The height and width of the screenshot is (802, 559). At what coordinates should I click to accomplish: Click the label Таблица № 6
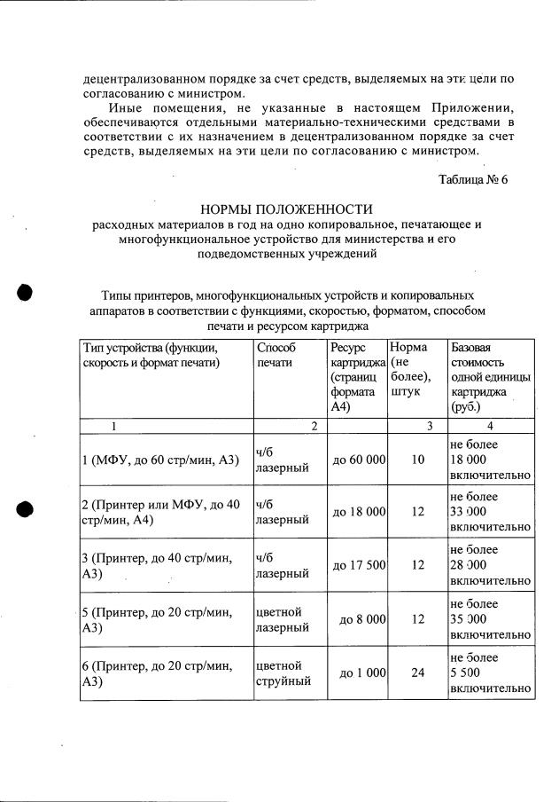pyautogui.click(x=473, y=179)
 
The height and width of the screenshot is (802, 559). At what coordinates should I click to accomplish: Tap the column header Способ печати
pyautogui.click(x=274, y=355)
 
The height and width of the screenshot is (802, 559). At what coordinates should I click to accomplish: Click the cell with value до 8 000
pyautogui.click(x=362, y=619)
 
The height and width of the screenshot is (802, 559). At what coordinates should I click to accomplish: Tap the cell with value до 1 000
pyautogui.click(x=362, y=672)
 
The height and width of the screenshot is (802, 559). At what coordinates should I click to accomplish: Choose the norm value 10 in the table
pyautogui.click(x=418, y=460)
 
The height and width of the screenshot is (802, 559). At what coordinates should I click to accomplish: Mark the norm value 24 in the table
pyautogui.click(x=418, y=672)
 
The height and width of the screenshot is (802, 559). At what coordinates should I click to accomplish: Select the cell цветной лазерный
pyautogui.click(x=282, y=620)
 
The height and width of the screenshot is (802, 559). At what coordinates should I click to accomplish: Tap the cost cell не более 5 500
pyautogui.click(x=490, y=673)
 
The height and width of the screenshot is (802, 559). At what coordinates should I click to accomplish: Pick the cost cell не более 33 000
pyautogui.click(x=490, y=512)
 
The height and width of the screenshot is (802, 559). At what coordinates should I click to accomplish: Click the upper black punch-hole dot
pyautogui.click(x=25, y=293)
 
